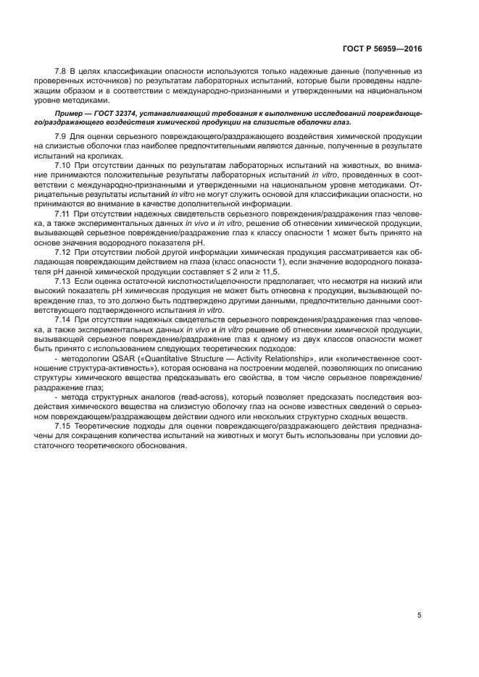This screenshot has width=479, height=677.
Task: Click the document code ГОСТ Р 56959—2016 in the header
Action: pyautogui.click(x=382, y=49)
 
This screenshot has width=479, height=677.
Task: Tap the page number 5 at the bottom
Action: pyautogui.click(x=420, y=615)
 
